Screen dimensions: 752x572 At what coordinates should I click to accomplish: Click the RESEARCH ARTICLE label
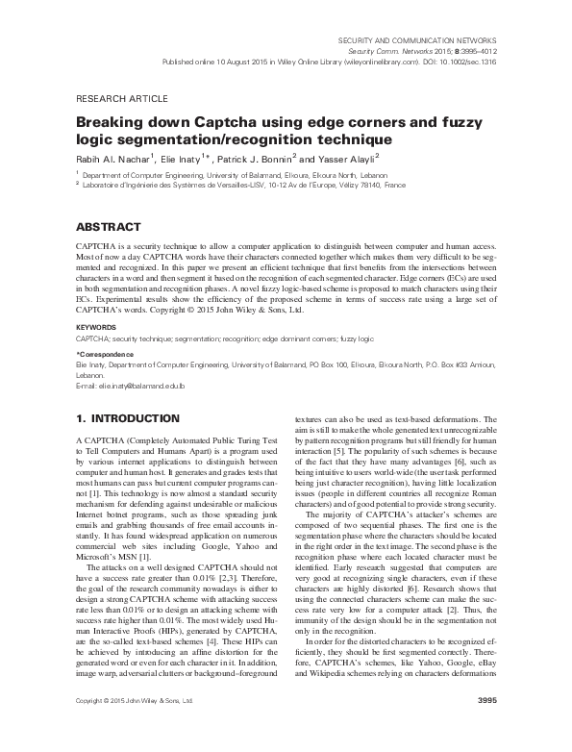[x=121, y=99]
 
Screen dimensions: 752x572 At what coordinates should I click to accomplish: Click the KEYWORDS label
[x=96, y=327]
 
